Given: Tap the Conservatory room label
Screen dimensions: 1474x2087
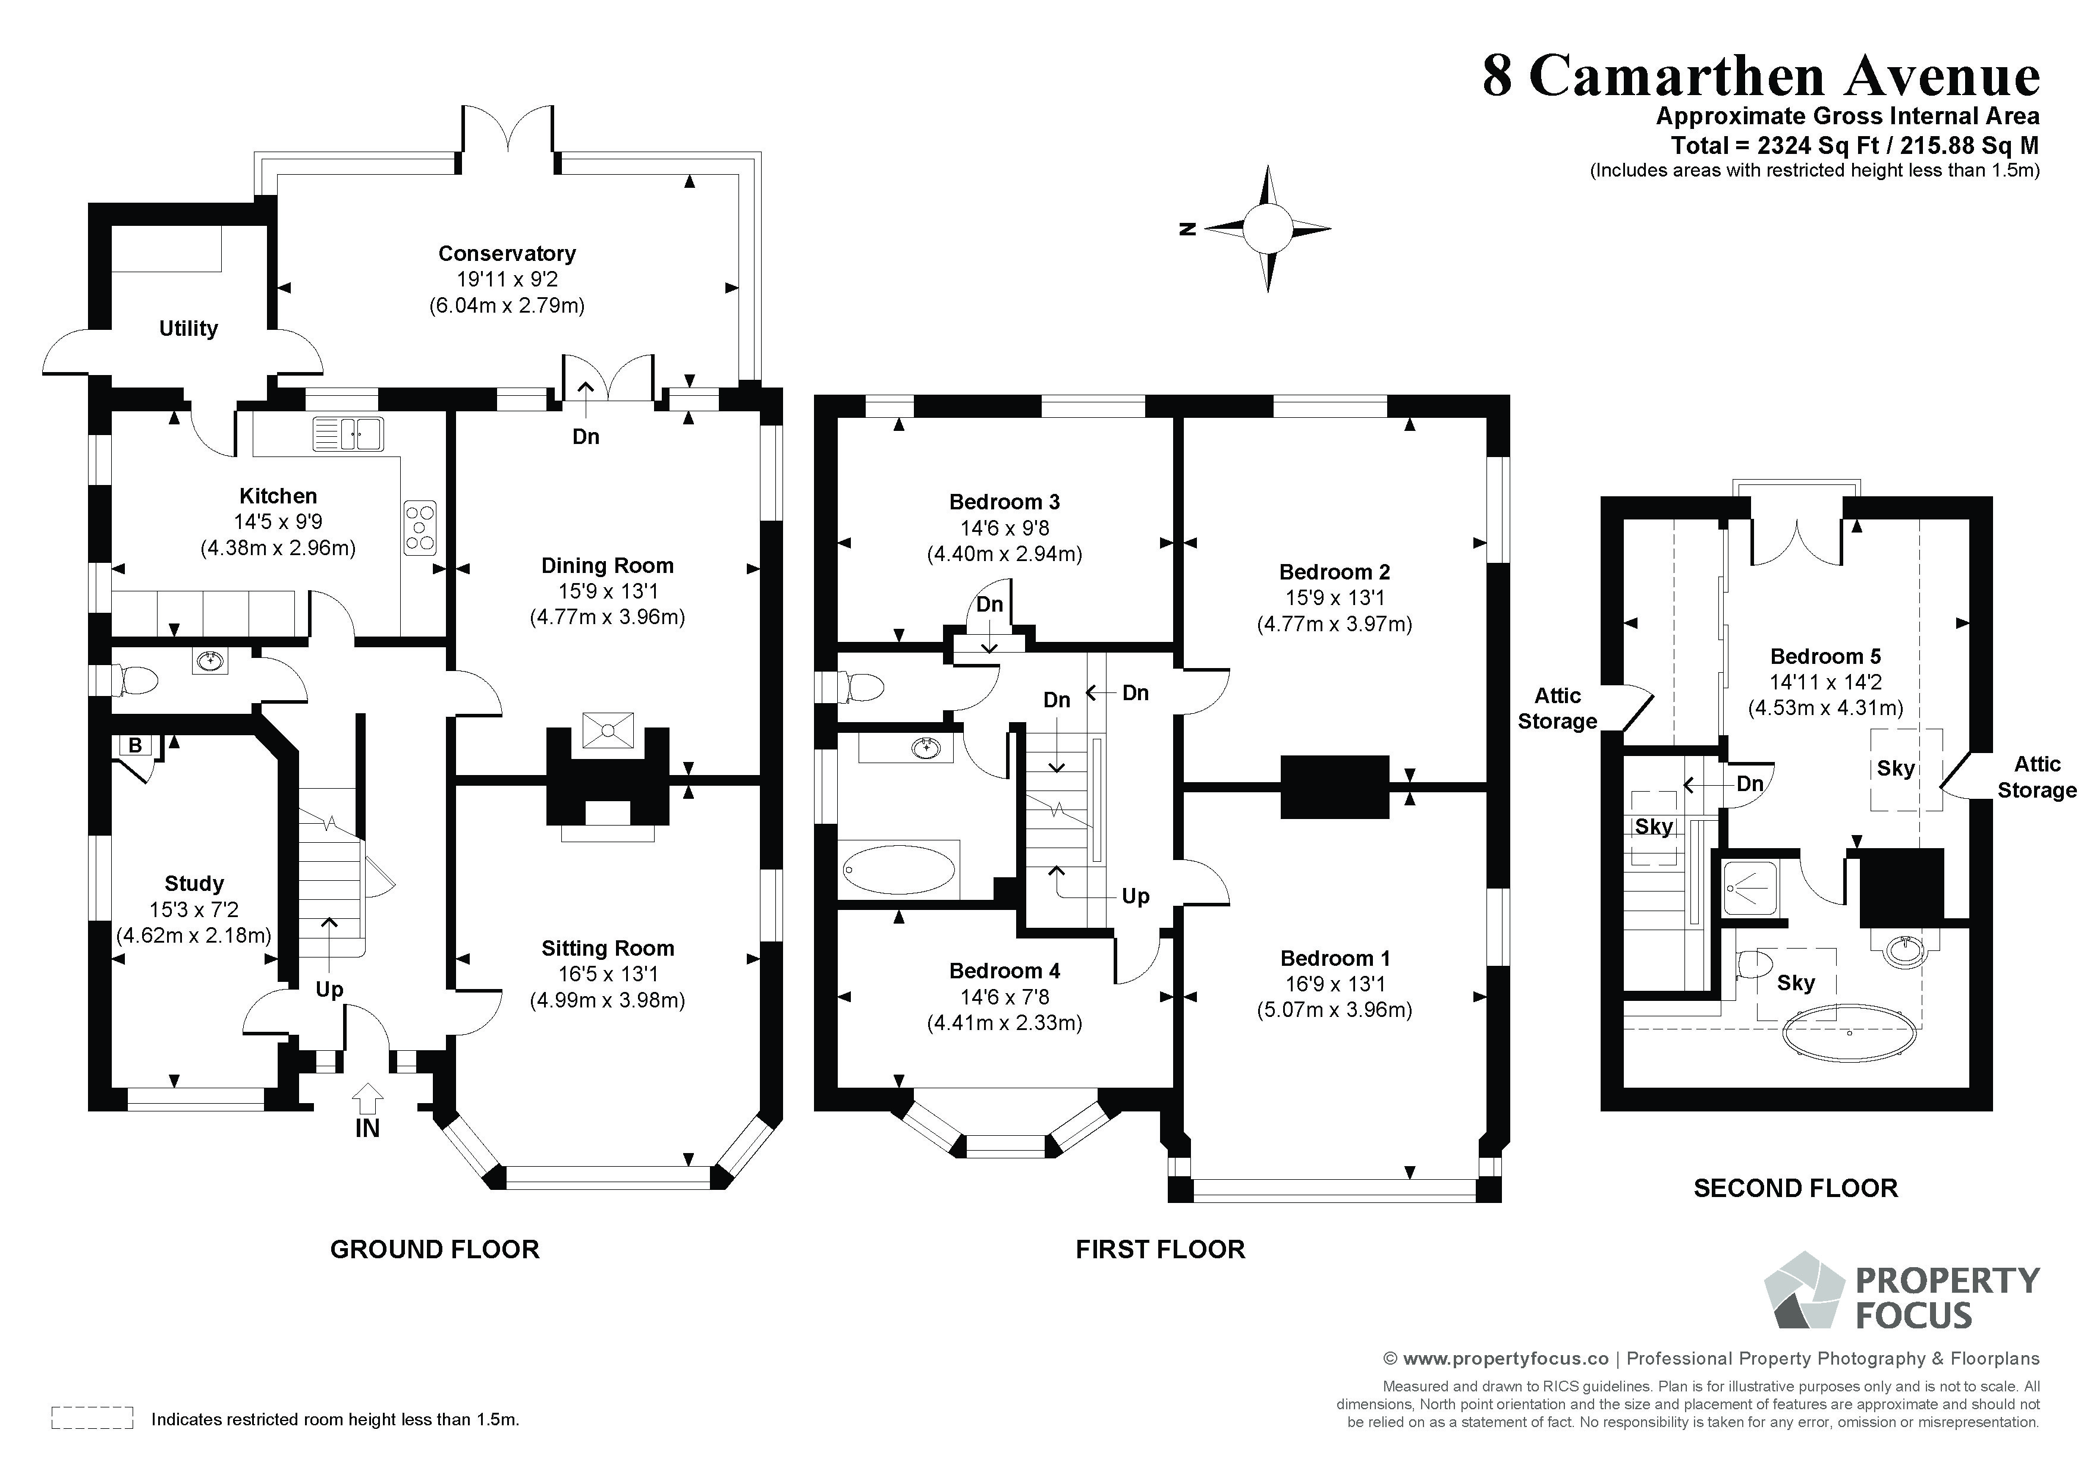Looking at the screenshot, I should point(507,254).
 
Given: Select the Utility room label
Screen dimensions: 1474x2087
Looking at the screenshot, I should point(188,328).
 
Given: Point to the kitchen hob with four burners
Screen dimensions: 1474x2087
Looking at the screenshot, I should point(420,527).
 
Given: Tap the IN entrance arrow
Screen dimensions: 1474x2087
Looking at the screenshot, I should point(367,1099).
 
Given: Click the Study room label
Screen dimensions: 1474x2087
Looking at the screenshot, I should point(194,883).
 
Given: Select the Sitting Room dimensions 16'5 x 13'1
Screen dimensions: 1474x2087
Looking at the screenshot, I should point(607,974).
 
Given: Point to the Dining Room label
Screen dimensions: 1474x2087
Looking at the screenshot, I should point(607,565).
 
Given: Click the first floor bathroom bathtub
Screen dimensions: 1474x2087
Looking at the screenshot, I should point(900,869).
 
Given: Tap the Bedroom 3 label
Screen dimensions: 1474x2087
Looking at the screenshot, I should point(1004,502).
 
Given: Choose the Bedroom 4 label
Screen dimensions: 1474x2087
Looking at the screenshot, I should point(1004,971).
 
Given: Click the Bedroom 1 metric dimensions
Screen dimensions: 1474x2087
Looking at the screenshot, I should point(1334,1010).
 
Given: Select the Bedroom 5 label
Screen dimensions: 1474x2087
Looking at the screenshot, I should point(1825,656).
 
